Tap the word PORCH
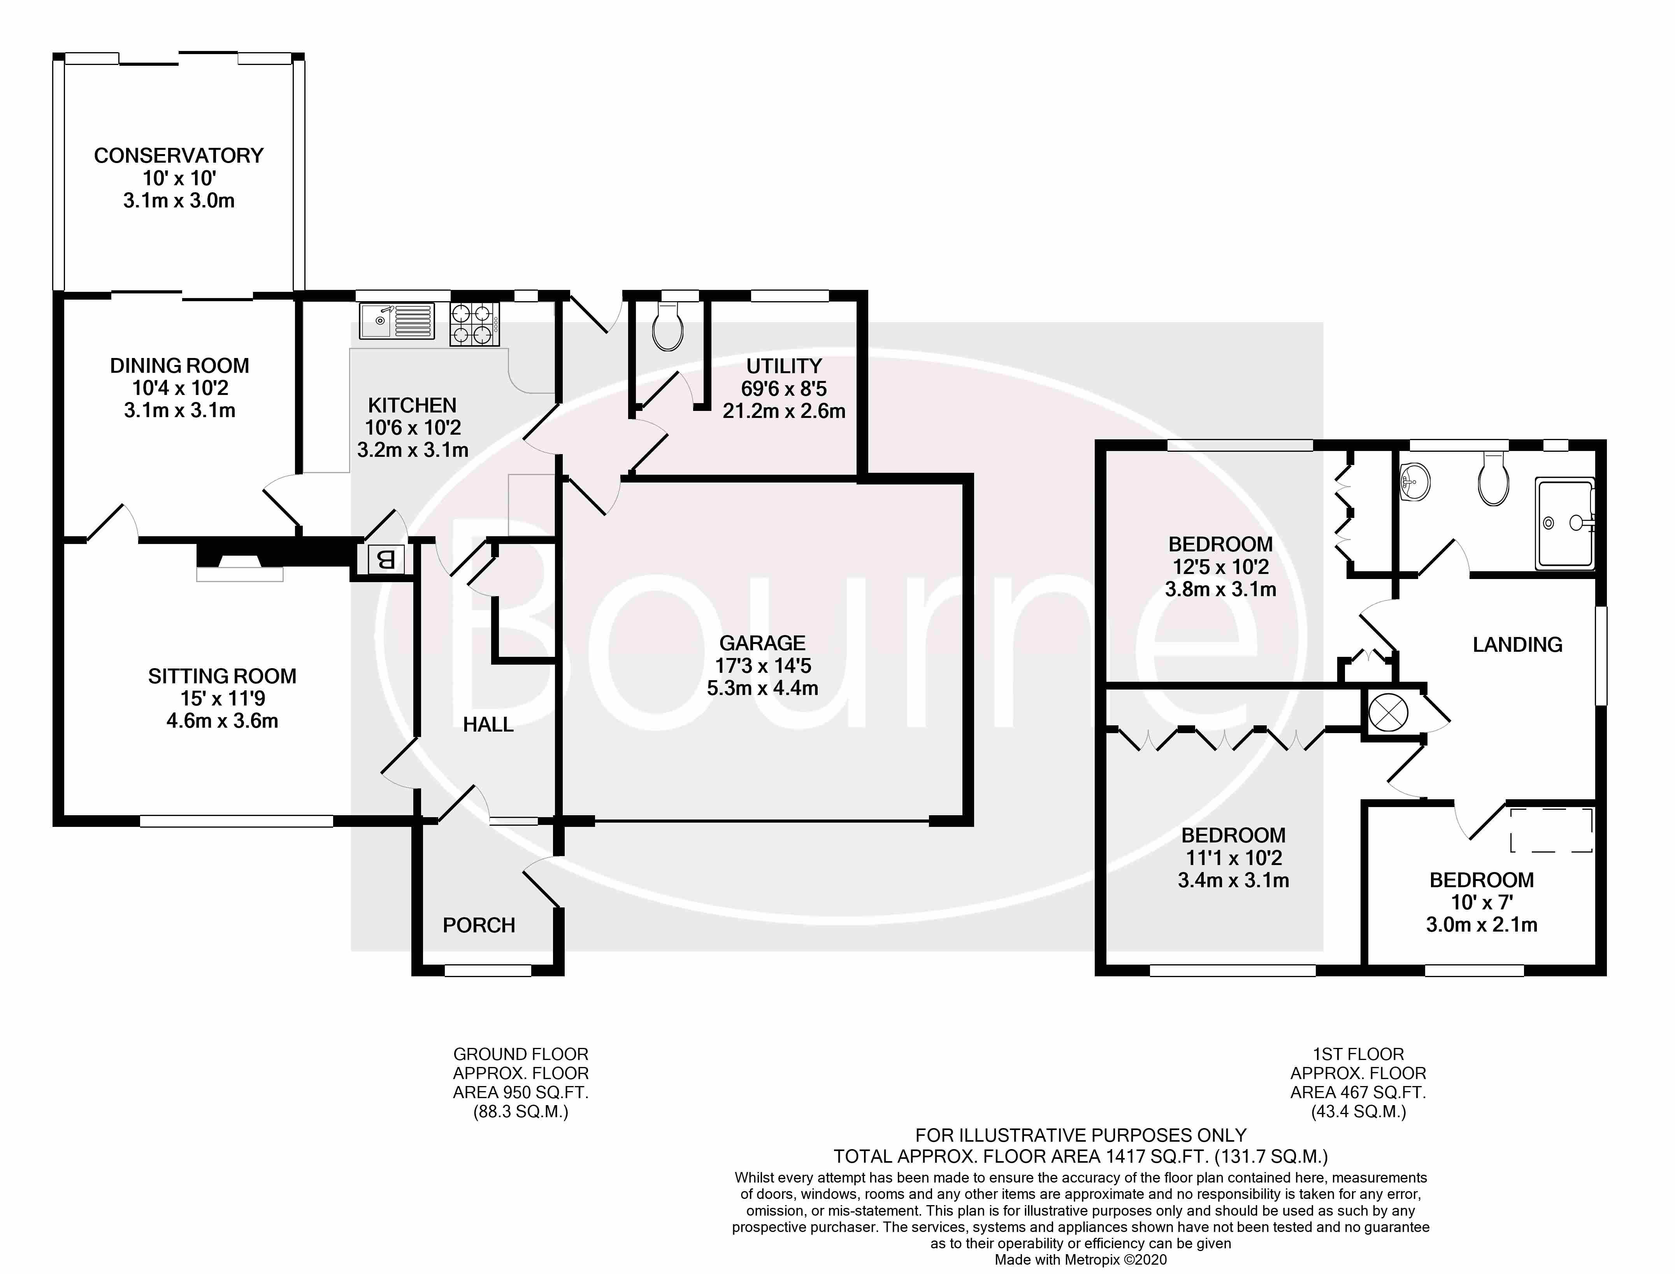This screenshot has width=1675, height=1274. [478, 925]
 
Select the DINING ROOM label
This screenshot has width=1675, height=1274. [180, 365]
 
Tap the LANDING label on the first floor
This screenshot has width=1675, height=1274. [1517, 644]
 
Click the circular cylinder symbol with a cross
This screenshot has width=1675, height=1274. [1389, 713]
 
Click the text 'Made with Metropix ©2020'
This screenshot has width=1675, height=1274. [1080, 1260]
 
